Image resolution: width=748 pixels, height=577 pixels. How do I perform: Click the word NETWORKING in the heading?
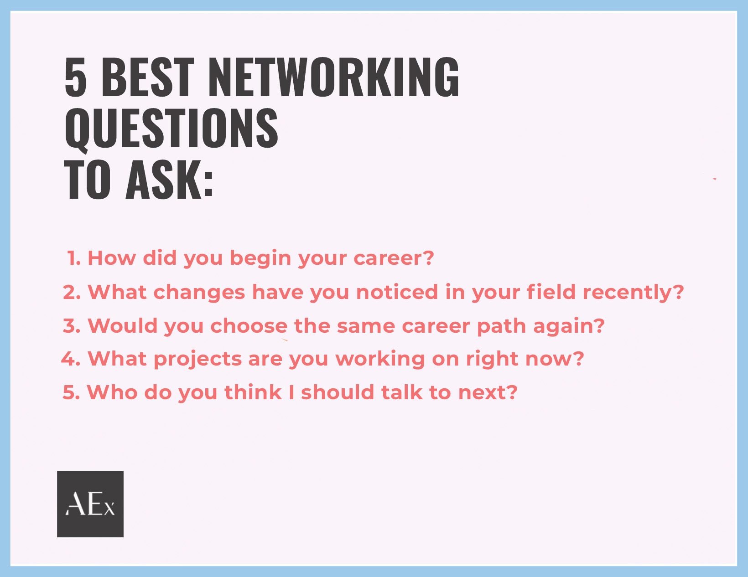333,77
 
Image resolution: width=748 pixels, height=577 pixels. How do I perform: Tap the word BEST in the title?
148,77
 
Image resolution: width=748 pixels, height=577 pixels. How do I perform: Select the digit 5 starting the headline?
75,77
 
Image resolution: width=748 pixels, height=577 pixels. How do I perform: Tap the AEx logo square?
90,504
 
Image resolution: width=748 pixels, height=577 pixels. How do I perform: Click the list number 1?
74,258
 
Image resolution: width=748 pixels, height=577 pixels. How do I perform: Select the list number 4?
71,359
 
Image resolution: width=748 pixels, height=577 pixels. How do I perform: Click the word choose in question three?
249,325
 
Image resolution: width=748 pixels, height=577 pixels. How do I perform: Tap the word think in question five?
253,392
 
